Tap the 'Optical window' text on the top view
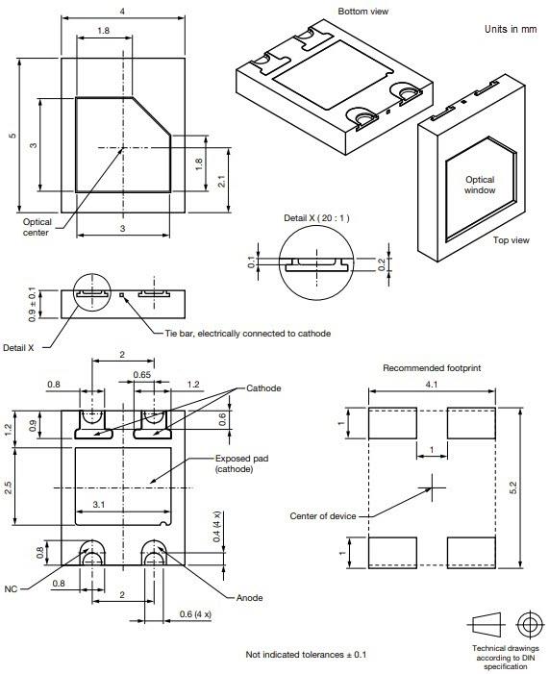pos(480,185)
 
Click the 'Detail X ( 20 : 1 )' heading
pos(316,218)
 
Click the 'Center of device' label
pos(323,516)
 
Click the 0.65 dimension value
pos(141,374)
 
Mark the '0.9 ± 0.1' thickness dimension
pos(31,304)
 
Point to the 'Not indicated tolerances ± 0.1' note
pos(307,654)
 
